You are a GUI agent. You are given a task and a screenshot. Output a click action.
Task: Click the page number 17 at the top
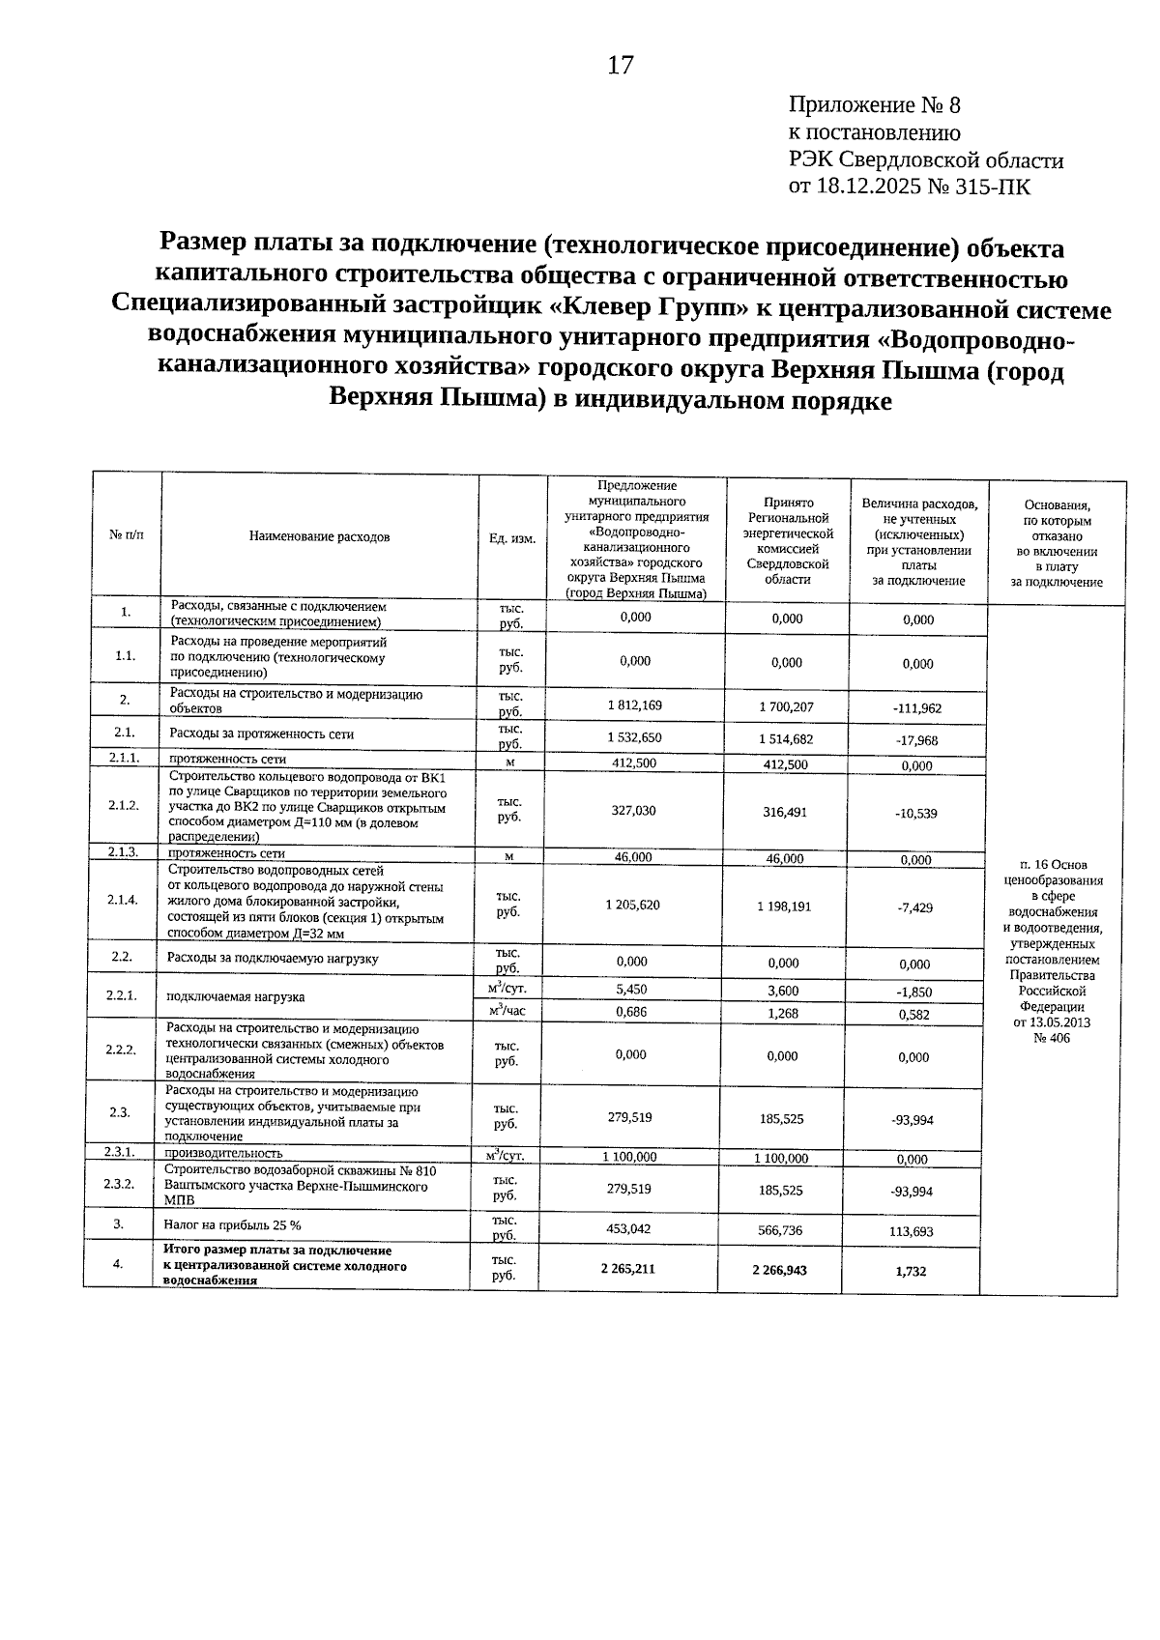pos(620,66)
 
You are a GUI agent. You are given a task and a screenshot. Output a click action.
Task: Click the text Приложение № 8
pos(875,104)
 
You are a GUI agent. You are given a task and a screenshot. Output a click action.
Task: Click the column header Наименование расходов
pos(319,536)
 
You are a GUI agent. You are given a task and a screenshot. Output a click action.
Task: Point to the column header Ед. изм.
pos(512,538)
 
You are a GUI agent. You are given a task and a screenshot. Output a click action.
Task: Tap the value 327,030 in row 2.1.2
pos(633,811)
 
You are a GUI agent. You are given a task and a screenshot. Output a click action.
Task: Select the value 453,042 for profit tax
pos(628,1228)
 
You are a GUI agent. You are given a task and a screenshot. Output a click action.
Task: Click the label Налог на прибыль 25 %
pos(233,1224)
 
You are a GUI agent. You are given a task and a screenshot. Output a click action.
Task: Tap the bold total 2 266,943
pos(779,1270)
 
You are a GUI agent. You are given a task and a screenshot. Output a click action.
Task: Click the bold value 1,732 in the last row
pos(911,1271)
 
